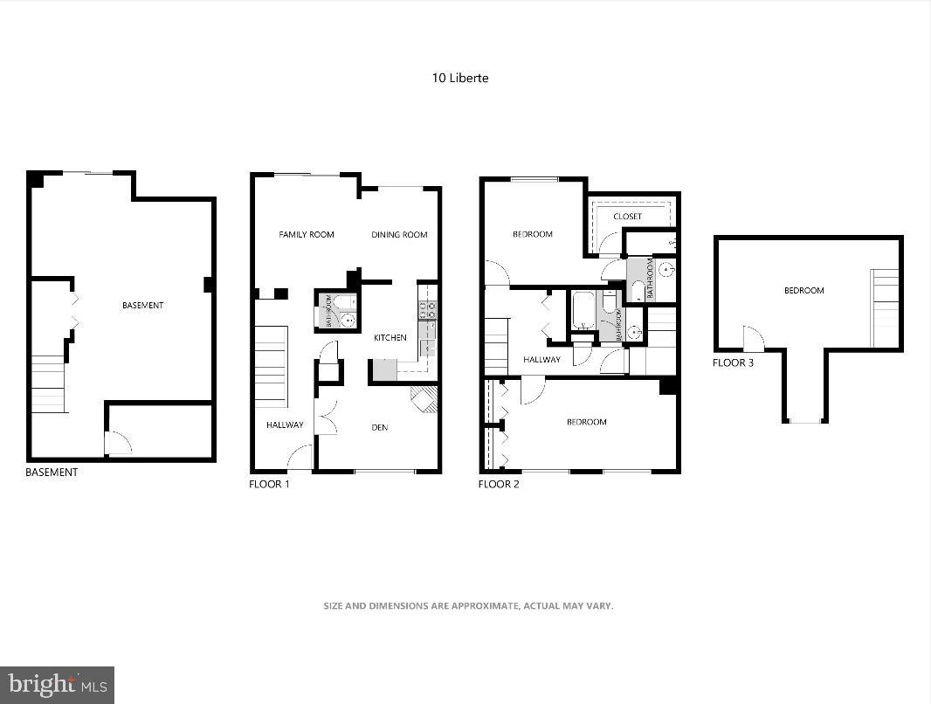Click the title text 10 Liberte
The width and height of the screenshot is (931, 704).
point(460,78)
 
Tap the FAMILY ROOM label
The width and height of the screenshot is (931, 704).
point(307,234)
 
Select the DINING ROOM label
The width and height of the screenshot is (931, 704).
point(399,234)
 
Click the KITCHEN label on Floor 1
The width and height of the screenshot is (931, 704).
point(390,338)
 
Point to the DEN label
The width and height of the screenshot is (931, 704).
point(380,427)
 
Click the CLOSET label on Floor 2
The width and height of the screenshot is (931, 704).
point(627,217)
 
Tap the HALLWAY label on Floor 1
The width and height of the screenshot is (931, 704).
point(285,425)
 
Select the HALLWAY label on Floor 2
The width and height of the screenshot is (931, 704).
point(541,360)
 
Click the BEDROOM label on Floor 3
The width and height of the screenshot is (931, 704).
point(803,291)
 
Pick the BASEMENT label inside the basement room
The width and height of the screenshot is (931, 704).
point(142,306)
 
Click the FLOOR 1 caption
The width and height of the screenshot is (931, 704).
point(269,484)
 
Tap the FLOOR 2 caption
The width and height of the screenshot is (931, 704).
point(499,484)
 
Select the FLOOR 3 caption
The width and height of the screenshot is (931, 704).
point(733,362)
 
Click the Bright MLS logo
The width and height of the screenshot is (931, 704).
point(57,684)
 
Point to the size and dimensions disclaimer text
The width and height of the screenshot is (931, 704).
point(468,605)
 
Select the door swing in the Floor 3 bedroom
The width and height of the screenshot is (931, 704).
point(753,340)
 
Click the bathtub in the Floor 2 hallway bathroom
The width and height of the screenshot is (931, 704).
point(583,311)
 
